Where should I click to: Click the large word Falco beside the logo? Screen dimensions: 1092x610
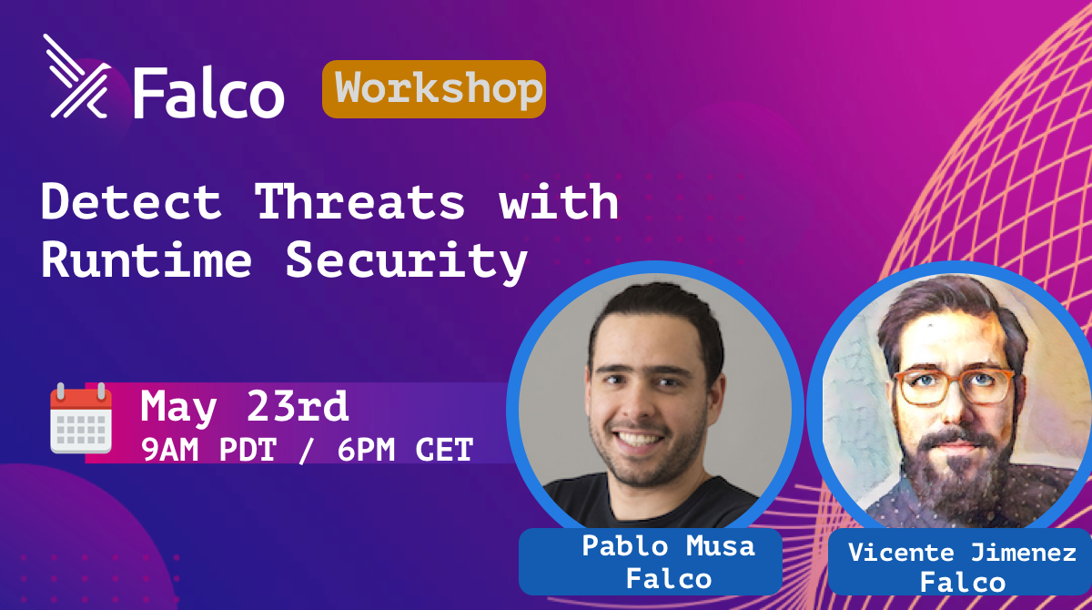(x=208, y=93)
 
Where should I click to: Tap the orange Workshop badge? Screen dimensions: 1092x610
(x=434, y=89)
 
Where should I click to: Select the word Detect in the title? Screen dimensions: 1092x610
(x=131, y=201)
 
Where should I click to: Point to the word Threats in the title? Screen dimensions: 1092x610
(x=359, y=201)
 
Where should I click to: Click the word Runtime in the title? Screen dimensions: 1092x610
(x=147, y=259)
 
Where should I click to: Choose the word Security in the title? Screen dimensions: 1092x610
(x=407, y=263)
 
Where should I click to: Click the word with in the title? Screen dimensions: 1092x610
(x=559, y=201)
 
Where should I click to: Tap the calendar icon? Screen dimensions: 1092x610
(x=81, y=419)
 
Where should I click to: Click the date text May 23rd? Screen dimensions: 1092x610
(x=244, y=407)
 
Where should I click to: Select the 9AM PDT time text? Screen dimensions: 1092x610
(x=208, y=450)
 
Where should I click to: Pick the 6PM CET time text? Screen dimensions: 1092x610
(x=406, y=450)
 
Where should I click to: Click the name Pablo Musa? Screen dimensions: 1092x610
(x=668, y=545)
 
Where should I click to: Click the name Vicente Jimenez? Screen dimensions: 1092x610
(x=963, y=553)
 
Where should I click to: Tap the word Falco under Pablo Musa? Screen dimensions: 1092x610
(x=669, y=579)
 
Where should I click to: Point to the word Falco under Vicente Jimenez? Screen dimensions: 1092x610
(x=963, y=582)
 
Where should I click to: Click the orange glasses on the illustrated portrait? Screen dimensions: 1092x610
(x=953, y=387)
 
